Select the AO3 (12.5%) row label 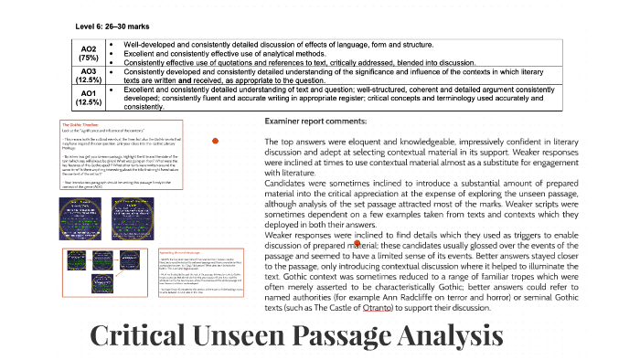(89, 75)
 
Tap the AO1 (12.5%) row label (89, 98)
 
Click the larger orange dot (215, 141)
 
